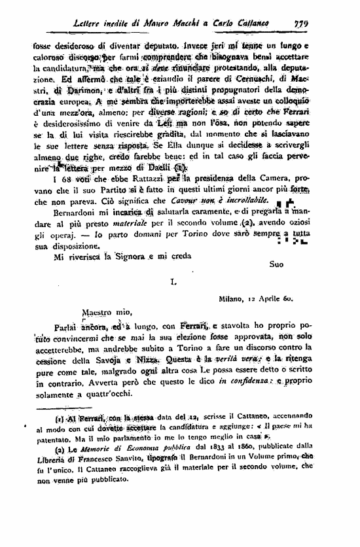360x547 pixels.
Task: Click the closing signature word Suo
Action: point(278,264)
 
